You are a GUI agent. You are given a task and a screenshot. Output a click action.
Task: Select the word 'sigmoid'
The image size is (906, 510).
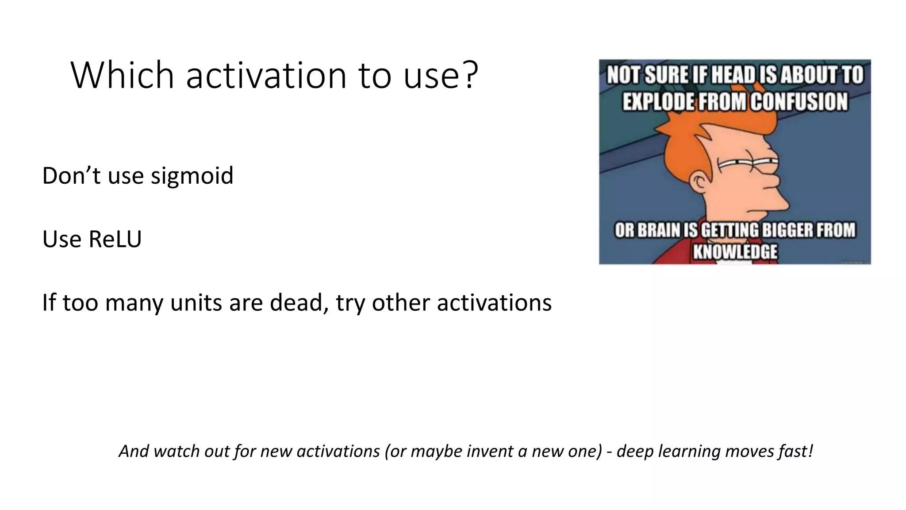pyautogui.click(x=192, y=176)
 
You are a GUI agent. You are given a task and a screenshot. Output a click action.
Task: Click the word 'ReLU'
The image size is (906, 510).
pyautogui.click(x=115, y=239)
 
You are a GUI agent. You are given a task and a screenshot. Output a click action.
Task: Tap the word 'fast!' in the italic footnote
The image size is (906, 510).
pyautogui.click(x=795, y=451)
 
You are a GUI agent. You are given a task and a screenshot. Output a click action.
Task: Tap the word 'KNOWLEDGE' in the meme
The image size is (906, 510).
pyautogui.click(x=735, y=251)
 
